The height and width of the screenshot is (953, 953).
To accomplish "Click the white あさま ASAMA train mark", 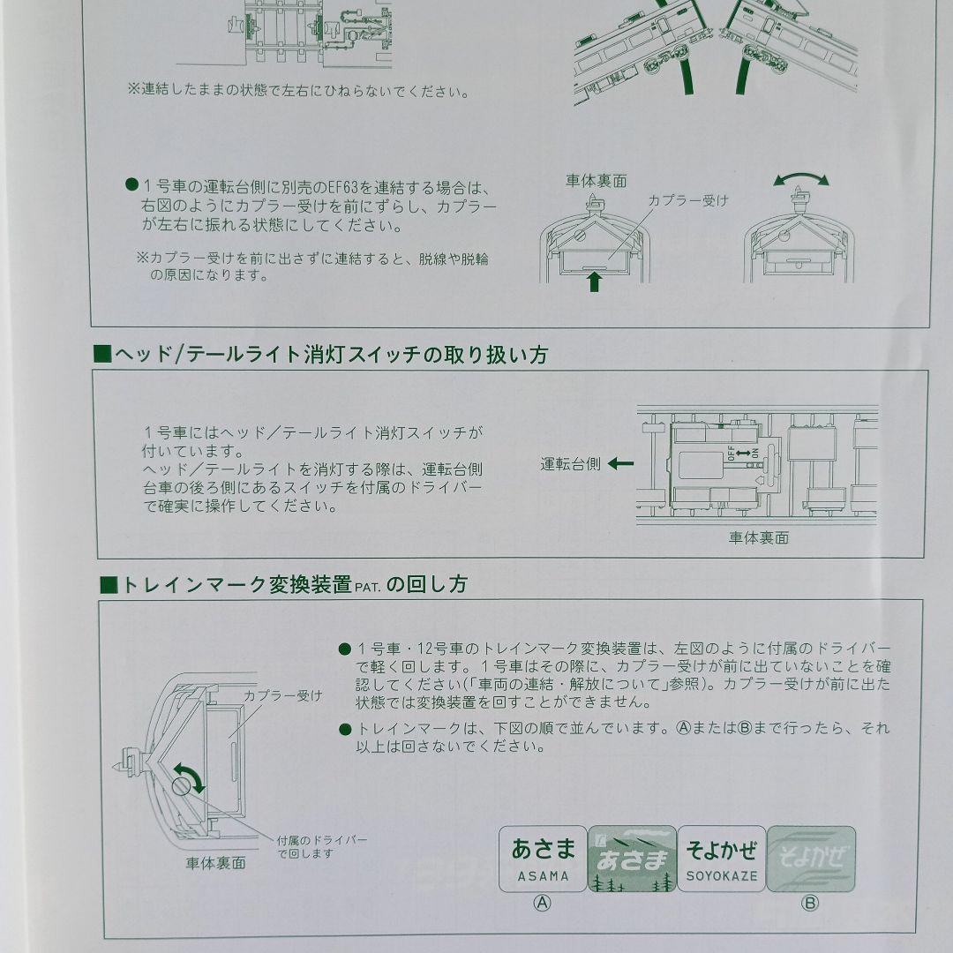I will (x=543, y=859).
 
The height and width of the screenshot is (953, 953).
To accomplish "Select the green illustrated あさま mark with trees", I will (x=632, y=859).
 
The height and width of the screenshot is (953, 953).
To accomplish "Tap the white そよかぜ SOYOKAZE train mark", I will (x=722, y=859).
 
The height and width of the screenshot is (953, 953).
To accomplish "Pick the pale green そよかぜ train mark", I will (x=811, y=859).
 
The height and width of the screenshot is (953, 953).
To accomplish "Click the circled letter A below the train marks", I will (x=544, y=903).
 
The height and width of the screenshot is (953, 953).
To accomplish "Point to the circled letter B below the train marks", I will (x=809, y=903).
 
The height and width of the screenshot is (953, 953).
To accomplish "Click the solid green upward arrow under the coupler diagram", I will (x=595, y=282).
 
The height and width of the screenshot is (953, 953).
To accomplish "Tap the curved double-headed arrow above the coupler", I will (x=801, y=179).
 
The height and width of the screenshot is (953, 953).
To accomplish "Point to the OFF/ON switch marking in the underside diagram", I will (x=743, y=453).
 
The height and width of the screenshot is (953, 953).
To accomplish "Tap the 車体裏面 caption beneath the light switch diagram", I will (x=758, y=537).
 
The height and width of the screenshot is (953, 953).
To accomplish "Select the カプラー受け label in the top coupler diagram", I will (x=688, y=200).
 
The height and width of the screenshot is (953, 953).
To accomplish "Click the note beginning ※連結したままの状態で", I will (x=297, y=90).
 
